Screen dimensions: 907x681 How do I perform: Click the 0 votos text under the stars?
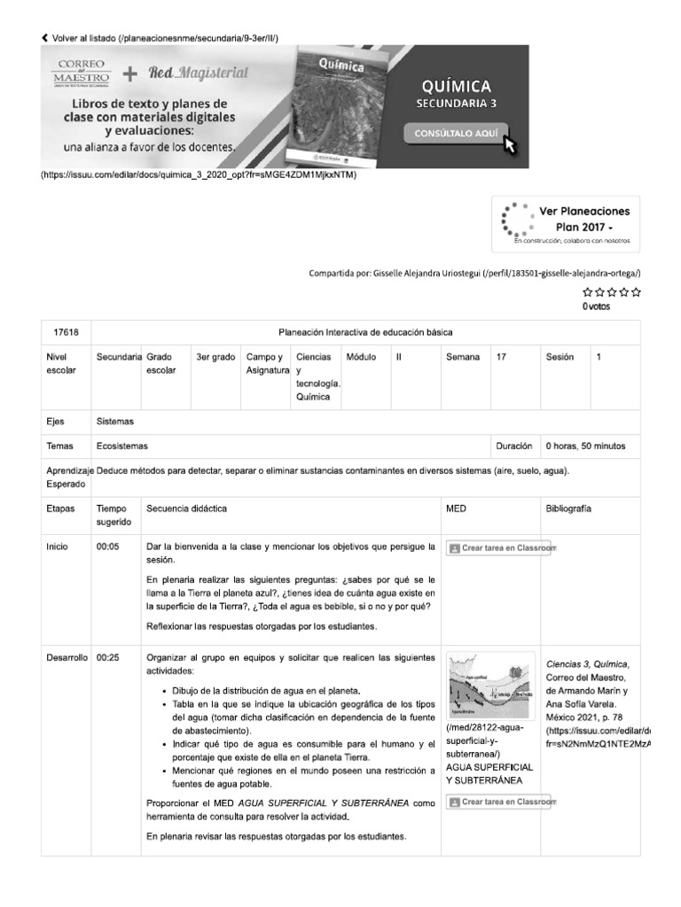click(x=597, y=306)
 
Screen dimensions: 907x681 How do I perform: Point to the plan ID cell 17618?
click(x=67, y=333)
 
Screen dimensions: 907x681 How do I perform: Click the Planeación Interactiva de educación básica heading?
click(x=365, y=333)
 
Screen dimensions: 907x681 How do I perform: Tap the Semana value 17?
click(x=502, y=357)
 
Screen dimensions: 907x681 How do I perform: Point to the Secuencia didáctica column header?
click(x=186, y=509)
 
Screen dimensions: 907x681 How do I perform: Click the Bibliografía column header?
click(x=569, y=509)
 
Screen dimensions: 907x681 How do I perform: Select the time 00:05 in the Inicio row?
click(x=107, y=547)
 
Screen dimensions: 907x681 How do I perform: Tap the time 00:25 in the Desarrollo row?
click(x=107, y=658)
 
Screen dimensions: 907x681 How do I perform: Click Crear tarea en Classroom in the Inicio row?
click(x=501, y=548)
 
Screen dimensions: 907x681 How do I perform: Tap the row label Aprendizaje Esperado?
click(x=66, y=477)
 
